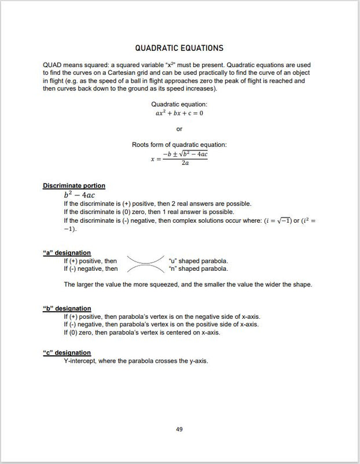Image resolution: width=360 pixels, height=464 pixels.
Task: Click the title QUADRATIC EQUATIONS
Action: (179, 48)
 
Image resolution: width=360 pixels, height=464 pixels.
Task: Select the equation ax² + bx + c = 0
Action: (179, 113)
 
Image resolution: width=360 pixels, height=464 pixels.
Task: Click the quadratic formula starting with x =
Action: (179, 159)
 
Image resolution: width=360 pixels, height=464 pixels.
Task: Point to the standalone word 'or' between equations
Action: (179, 129)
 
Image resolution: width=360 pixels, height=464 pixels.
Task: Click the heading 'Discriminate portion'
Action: (74, 186)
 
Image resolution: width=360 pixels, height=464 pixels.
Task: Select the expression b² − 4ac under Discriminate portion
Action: (79, 195)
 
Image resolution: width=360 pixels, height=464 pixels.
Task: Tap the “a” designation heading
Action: (67, 253)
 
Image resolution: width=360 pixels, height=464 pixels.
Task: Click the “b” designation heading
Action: (67, 308)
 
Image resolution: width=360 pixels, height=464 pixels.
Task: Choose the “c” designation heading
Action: (67, 352)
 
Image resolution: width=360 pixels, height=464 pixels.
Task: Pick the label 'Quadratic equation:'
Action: (179, 104)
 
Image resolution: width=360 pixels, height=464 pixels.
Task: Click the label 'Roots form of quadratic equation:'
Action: (179, 145)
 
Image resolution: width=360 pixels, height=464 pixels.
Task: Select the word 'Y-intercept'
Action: (80, 361)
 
